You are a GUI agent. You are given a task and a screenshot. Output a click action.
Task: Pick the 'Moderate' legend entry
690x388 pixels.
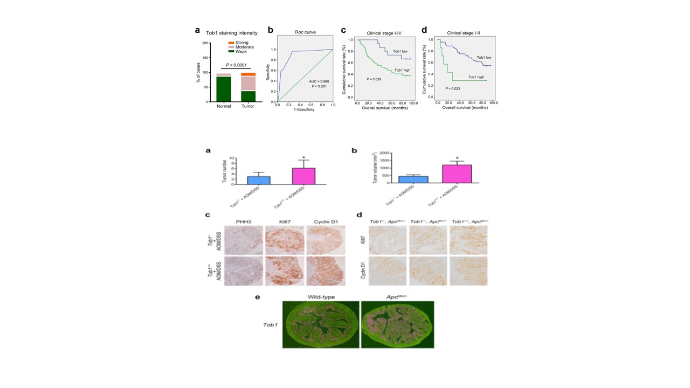pos(243,47)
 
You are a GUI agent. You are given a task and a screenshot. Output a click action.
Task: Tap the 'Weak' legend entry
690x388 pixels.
pos(240,51)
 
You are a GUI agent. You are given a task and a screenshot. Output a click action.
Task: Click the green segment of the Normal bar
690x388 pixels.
pos(223,89)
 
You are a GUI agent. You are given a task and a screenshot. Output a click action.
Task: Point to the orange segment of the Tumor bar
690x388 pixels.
pos(248,74)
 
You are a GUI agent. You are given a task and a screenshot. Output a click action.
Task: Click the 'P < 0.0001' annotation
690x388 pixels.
pos(237,66)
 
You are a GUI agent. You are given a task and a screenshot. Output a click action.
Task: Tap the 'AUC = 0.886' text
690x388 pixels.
pos(318,81)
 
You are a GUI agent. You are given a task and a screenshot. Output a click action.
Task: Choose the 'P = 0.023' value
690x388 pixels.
pos(453,88)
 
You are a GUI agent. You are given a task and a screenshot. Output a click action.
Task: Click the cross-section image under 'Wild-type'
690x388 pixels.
pos(321,324)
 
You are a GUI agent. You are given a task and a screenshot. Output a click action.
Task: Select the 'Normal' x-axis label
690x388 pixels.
pos(224,106)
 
